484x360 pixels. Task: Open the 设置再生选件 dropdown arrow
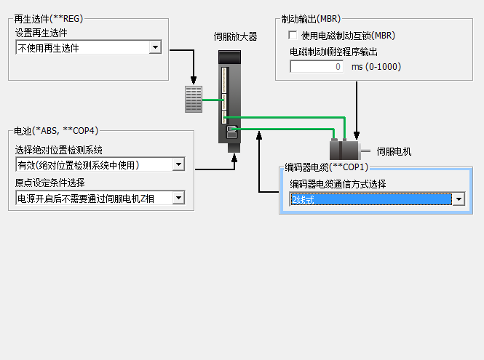pyautogui.click(x=154, y=48)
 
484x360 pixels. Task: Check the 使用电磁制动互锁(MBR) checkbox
pyautogui.click(x=293, y=35)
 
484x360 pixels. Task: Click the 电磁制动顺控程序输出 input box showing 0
pyautogui.click(x=317, y=66)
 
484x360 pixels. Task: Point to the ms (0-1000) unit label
pyautogui.click(x=376, y=66)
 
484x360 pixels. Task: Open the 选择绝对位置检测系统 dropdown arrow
pyautogui.click(x=178, y=165)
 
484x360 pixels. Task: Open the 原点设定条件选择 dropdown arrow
pyautogui.click(x=178, y=198)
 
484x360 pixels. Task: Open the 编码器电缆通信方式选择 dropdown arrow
pyautogui.click(x=459, y=199)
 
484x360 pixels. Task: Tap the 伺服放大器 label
pyautogui.click(x=235, y=36)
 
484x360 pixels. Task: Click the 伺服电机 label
pyautogui.click(x=394, y=151)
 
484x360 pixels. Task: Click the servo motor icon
pyautogui.click(x=348, y=148)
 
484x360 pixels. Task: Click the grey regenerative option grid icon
pyautogui.click(x=193, y=98)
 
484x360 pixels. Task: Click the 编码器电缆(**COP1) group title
pyautogui.click(x=328, y=167)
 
